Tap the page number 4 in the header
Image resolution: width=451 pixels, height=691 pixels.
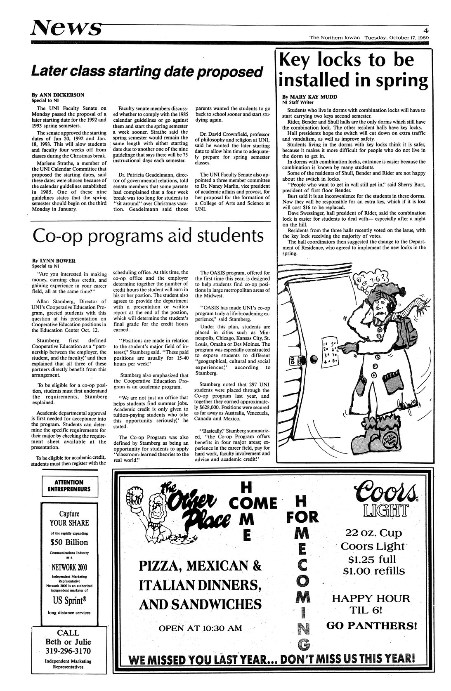point(425,30)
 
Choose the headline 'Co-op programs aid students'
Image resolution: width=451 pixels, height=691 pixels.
point(148,236)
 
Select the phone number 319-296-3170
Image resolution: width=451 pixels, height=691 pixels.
point(68,651)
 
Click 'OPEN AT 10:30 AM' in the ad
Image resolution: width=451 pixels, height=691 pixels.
point(200,628)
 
